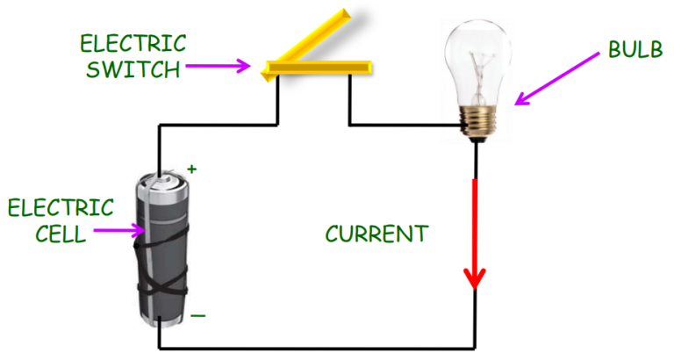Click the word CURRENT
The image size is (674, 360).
[376, 234]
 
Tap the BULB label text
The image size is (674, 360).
[635, 51]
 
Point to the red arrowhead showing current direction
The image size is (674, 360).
[475, 278]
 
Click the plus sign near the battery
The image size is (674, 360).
[192, 168]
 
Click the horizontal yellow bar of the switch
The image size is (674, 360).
[320, 67]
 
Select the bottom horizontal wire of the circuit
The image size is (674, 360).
[316, 348]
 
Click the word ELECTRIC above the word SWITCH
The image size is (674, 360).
[133, 43]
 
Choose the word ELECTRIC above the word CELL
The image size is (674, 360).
[61, 207]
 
